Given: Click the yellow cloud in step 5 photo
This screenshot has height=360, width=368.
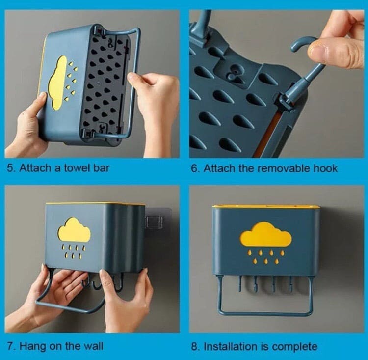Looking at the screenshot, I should [58, 81].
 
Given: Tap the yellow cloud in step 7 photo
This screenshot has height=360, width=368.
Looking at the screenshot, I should [74, 230].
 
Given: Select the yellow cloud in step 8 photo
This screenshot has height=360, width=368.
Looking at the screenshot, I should [265, 235].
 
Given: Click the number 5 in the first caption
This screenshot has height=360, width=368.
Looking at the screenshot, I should [10, 168].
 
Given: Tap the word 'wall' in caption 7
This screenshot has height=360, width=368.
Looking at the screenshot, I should [93, 346].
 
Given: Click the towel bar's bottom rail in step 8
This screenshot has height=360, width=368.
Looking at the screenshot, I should [265, 313].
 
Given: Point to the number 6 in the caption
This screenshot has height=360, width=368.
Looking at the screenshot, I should [194, 168].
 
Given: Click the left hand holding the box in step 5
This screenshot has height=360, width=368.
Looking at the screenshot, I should [27, 123].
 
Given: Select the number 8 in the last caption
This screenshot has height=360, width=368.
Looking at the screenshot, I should [194, 346].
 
